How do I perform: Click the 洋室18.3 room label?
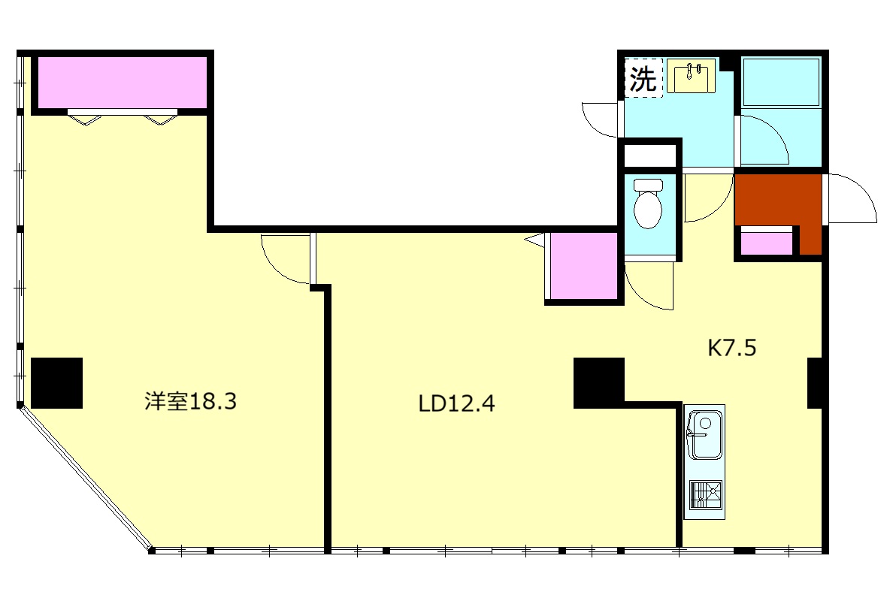point(190,401)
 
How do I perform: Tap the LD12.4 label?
point(456,404)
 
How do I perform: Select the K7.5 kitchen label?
point(732,347)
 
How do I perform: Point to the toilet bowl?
point(648,204)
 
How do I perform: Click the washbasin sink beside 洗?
point(692,75)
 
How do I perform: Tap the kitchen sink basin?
point(705,435)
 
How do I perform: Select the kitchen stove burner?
point(706,494)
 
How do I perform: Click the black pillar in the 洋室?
point(56,382)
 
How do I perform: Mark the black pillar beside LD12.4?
point(598,383)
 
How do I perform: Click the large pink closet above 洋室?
point(123,82)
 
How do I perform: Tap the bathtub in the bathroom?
point(781,82)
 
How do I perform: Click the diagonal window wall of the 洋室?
point(86,479)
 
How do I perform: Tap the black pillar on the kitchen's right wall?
point(815,383)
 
